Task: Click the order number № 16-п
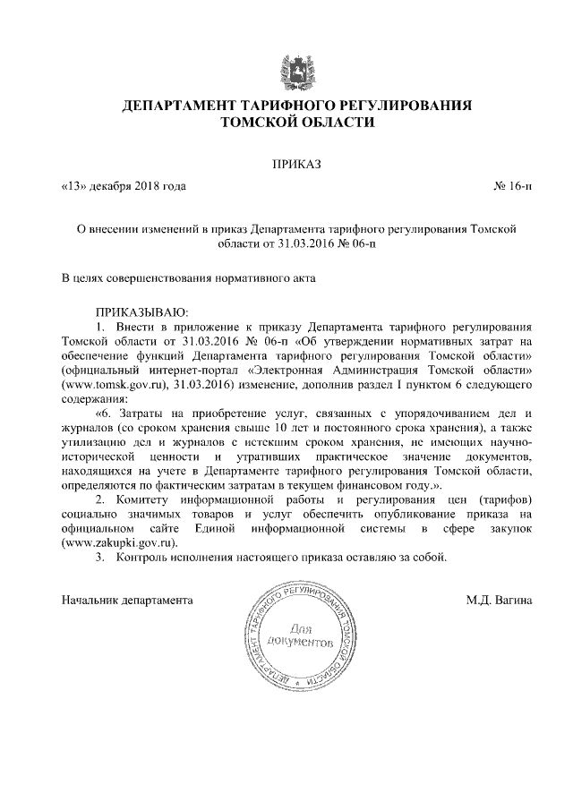[x=512, y=186]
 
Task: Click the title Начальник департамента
[x=127, y=600]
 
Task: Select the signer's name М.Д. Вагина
[x=499, y=600]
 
